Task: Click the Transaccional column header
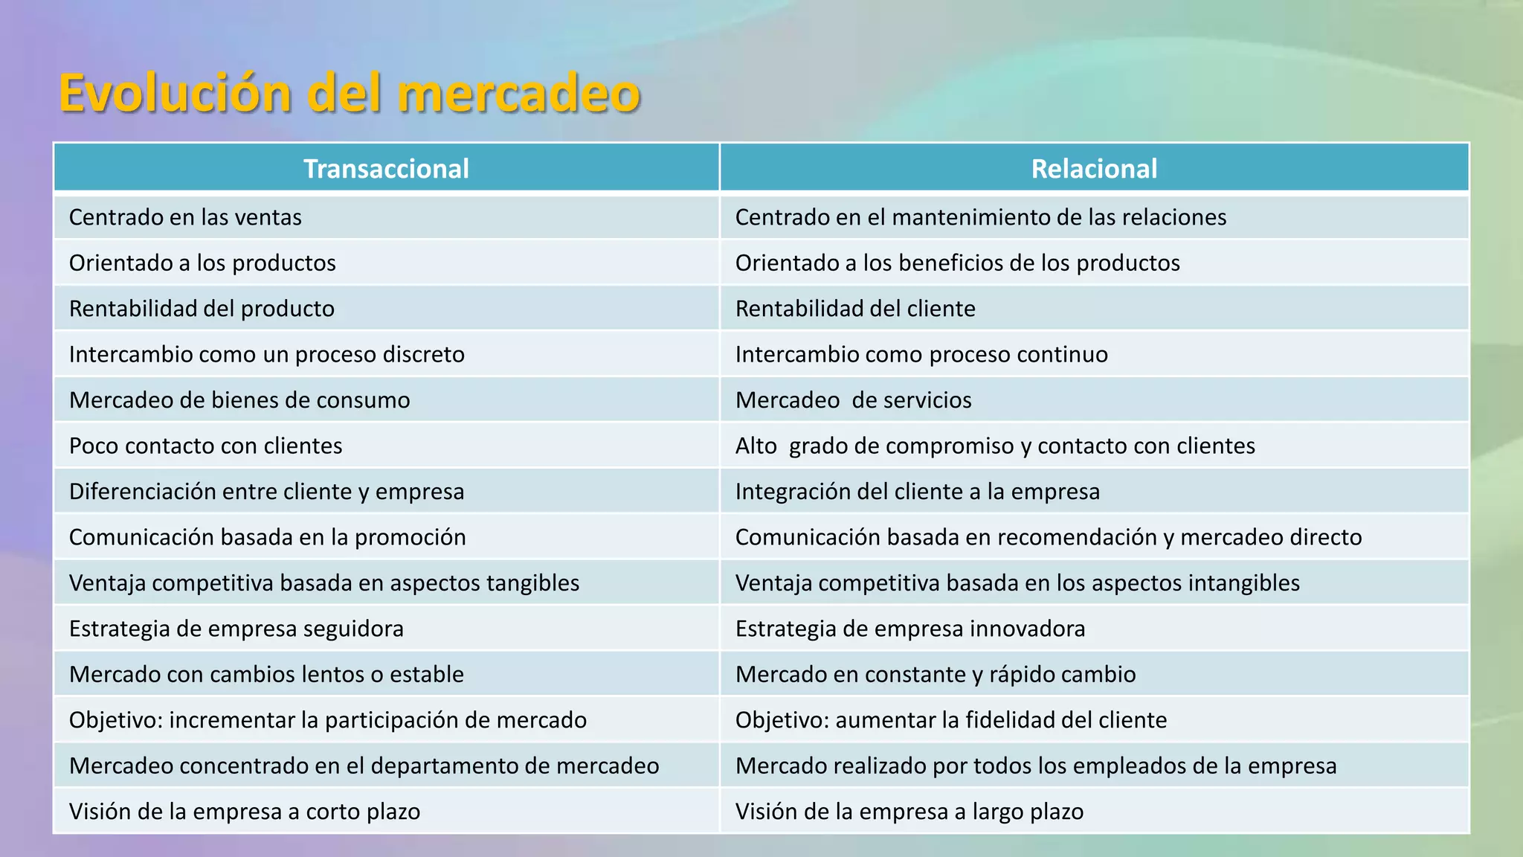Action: [386, 169]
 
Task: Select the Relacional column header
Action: [1094, 169]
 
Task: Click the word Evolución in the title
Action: [175, 94]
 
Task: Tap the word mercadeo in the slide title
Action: [518, 94]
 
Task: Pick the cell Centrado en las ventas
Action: [185, 217]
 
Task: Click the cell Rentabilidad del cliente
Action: [855, 309]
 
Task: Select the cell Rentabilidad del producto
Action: [202, 309]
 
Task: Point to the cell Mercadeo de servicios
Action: [853, 400]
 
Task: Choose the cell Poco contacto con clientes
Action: [205, 446]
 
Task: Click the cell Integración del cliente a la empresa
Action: [917, 492]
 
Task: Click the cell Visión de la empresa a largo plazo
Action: [909, 812]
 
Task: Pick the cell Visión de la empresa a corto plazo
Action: [244, 812]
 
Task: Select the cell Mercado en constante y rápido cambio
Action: [935, 675]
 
